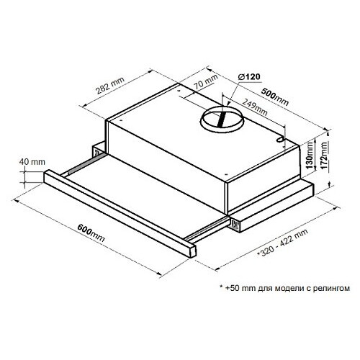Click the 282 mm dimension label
(110, 85)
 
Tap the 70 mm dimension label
(205, 81)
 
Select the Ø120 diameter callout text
(249, 77)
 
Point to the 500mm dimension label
(274, 96)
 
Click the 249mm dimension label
(254, 107)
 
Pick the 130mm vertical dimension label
(310, 155)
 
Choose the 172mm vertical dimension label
(324, 156)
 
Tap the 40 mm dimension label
(32, 162)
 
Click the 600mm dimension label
(91, 233)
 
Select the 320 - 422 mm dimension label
(283, 243)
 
